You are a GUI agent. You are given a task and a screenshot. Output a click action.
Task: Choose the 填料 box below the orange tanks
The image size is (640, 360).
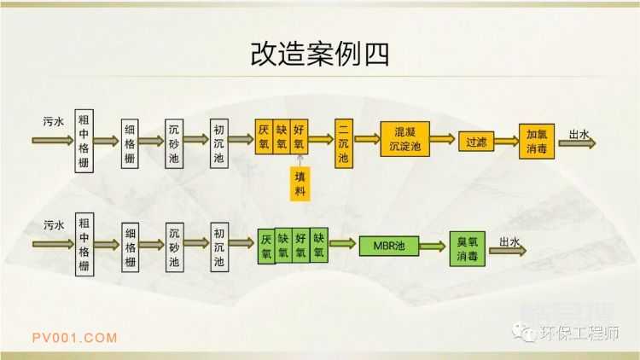click(x=300, y=183)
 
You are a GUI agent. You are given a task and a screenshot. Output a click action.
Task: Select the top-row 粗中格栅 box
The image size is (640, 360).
click(x=83, y=140)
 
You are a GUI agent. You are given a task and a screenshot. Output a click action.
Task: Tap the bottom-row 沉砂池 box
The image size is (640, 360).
click(x=174, y=246)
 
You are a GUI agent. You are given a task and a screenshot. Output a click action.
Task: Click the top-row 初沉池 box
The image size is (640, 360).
click(x=219, y=141)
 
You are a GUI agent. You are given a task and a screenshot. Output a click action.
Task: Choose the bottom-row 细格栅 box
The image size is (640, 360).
click(x=130, y=247)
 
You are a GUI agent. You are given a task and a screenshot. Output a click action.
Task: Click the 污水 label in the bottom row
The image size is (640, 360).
click(x=54, y=226)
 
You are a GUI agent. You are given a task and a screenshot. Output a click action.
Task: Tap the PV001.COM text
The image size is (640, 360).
click(x=74, y=338)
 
